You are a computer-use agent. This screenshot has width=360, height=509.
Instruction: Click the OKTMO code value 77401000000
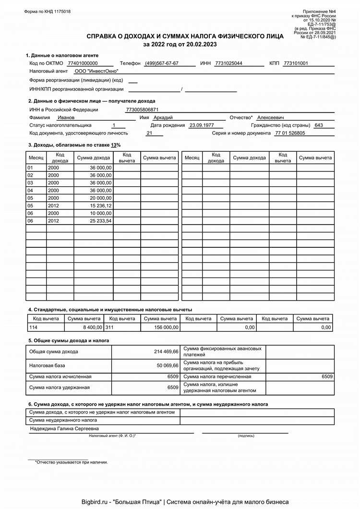pos(83,63)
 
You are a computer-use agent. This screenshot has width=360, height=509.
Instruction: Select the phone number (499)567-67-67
pos(161,63)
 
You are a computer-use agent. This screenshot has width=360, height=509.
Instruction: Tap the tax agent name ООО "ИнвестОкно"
pos(96,71)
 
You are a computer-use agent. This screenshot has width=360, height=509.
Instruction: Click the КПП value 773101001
pos(296,63)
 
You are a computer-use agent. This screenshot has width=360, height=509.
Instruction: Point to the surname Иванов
pos(66,117)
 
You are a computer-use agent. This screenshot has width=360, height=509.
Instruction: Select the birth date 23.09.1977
pos(201,125)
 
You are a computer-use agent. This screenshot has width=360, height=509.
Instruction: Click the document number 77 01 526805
pos(289,133)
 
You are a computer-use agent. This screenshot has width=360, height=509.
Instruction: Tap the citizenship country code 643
pos(318,125)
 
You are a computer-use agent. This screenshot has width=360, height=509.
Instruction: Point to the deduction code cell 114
pos(33,327)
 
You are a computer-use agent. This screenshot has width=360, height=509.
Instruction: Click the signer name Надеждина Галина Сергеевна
pos(64,428)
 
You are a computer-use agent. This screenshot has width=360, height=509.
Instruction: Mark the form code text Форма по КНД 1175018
pos(47,12)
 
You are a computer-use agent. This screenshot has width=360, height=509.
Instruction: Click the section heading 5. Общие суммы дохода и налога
pos(69,340)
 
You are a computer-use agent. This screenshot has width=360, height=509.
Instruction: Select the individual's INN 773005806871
pos(142,109)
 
